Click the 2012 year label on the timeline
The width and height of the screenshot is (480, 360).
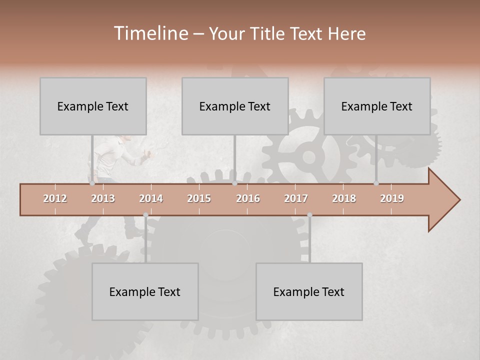(55, 198)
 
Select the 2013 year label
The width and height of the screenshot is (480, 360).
(103, 198)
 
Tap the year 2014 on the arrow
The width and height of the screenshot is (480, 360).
(151, 198)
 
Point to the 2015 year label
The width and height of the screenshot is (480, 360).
(199, 198)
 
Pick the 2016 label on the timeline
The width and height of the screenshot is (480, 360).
(248, 198)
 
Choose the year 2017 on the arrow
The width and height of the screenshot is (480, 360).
(296, 198)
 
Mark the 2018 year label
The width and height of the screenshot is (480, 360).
(344, 198)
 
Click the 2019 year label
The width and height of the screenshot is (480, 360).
(392, 198)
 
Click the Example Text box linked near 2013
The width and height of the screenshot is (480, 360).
(93, 106)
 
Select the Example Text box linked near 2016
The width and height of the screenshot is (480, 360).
(235, 106)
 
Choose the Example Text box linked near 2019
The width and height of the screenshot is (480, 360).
(377, 106)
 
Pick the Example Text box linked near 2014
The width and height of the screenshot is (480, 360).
(145, 291)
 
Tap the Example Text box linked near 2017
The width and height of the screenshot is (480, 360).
(309, 291)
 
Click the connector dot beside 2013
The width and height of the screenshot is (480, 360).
(92, 183)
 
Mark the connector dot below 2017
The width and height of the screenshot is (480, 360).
(309, 215)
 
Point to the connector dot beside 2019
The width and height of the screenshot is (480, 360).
(376, 183)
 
